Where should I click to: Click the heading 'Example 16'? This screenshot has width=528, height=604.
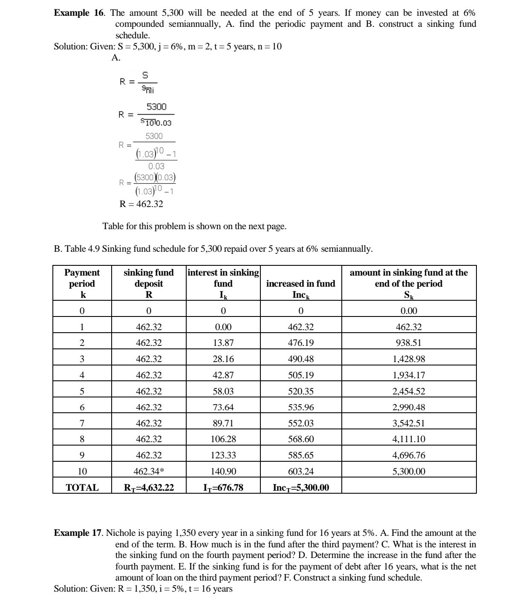pyautogui.click(x=78, y=13)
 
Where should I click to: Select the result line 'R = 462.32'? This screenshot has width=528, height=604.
pyautogui.click(x=141, y=204)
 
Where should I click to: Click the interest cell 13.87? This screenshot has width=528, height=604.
pyautogui.click(x=223, y=343)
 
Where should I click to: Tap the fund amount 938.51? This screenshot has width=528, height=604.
pyautogui.click(x=408, y=343)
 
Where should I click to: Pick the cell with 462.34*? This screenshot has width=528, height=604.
pyautogui.click(x=148, y=472)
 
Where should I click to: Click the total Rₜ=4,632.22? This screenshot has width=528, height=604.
pyautogui.click(x=148, y=488)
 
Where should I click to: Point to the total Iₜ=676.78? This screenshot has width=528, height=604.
pyautogui.click(x=223, y=488)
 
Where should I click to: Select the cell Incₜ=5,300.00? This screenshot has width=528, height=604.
pyautogui.click(x=300, y=488)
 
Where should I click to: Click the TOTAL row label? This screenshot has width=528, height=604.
pyautogui.click(x=82, y=488)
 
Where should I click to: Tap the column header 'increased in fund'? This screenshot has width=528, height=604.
pyautogui.click(x=300, y=284)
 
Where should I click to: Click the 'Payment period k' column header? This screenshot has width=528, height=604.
pyautogui.click(x=82, y=284)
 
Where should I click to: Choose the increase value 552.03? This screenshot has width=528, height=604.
pyautogui.click(x=300, y=423)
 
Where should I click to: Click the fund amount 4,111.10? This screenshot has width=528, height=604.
pyautogui.click(x=408, y=439)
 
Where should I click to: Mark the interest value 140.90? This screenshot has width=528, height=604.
pyautogui.click(x=223, y=472)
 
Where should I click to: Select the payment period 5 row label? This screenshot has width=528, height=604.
pyautogui.click(x=82, y=391)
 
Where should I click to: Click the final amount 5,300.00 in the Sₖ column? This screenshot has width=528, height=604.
pyautogui.click(x=408, y=472)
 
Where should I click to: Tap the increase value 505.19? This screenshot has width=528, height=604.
pyautogui.click(x=300, y=375)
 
